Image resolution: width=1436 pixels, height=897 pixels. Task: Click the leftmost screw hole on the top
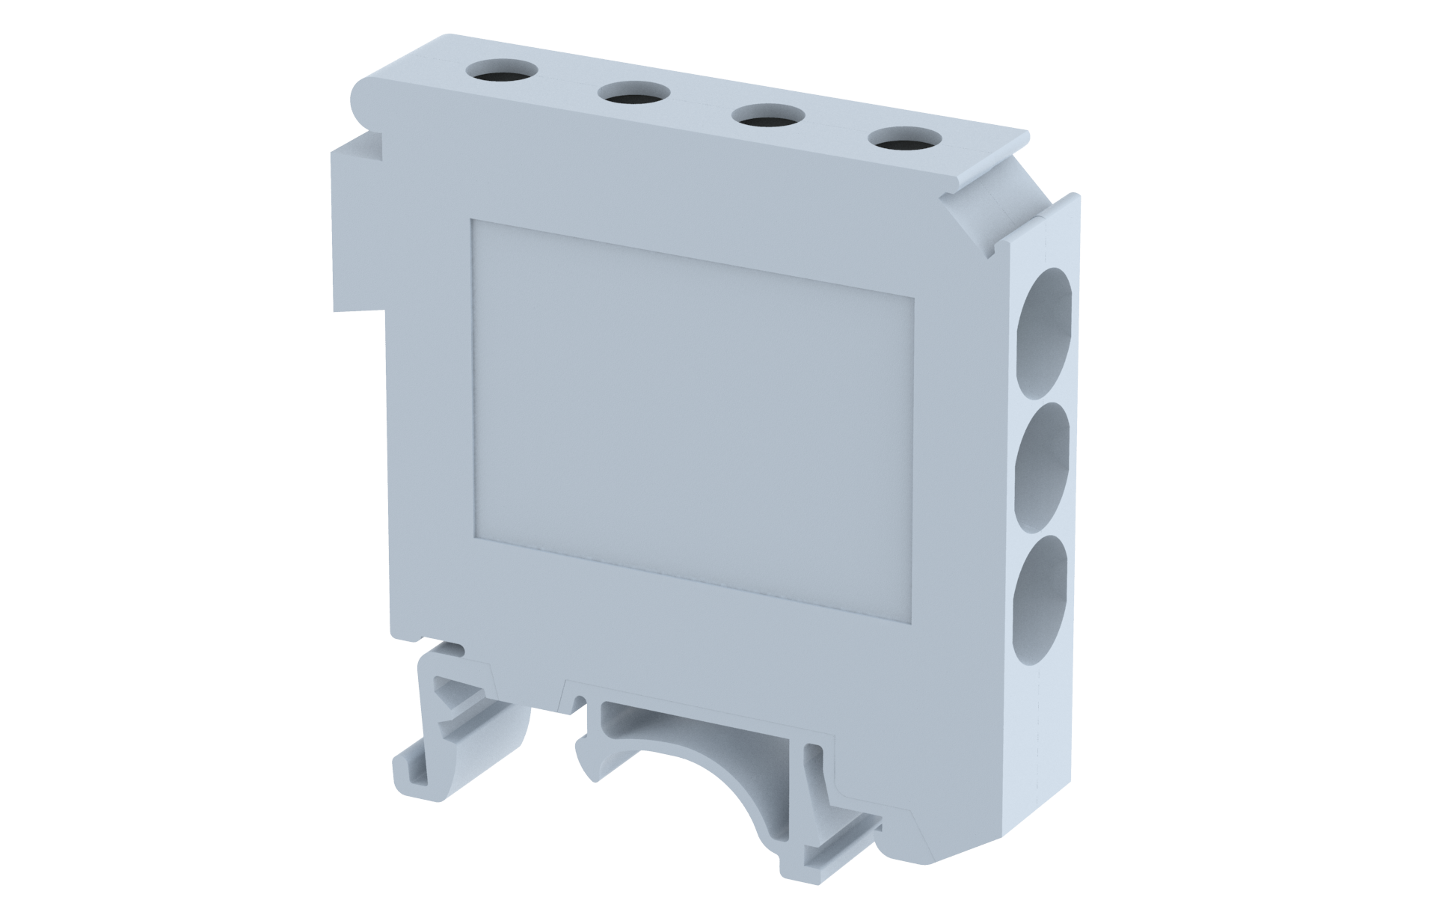[x=501, y=72]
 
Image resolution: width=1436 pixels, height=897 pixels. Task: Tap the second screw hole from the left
[x=634, y=94]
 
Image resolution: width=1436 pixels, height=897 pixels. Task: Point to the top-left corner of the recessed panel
[x=471, y=220]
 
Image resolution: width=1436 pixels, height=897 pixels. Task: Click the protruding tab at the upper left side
[x=357, y=224]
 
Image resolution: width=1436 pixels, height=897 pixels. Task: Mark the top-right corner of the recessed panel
[x=914, y=297]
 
